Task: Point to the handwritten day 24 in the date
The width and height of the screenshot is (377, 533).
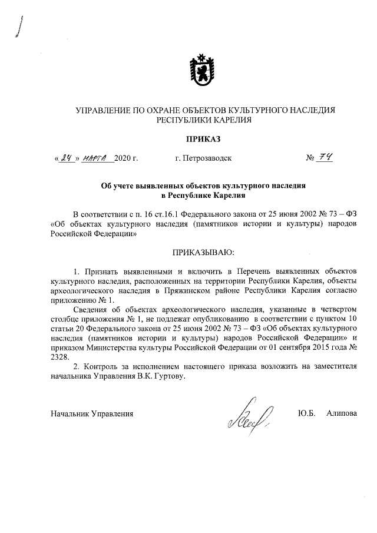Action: pyautogui.click(x=65, y=158)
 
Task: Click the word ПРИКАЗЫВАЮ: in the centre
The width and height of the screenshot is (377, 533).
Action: pyautogui.click(x=203, y=253)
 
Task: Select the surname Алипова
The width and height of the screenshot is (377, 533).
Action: pyautogui.click(x=342, y=413)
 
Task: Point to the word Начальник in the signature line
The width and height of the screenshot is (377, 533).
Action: pyautogui.click(x=69, y=413)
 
